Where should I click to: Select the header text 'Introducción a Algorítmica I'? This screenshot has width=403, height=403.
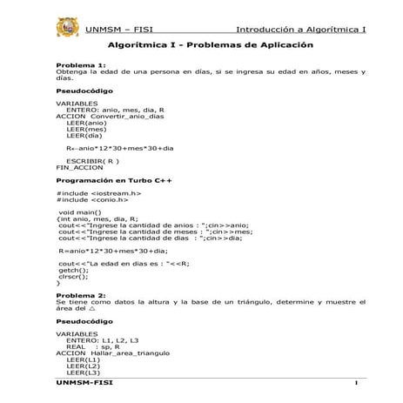[x=301, y=29]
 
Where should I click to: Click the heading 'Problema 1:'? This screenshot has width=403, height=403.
[x=81, y=65]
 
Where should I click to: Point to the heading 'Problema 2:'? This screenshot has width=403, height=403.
[x=81, y=294]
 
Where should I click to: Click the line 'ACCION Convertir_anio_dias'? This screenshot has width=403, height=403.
[x=109, y=117]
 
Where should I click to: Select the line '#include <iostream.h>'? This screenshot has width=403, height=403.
[x=99, y=193]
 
